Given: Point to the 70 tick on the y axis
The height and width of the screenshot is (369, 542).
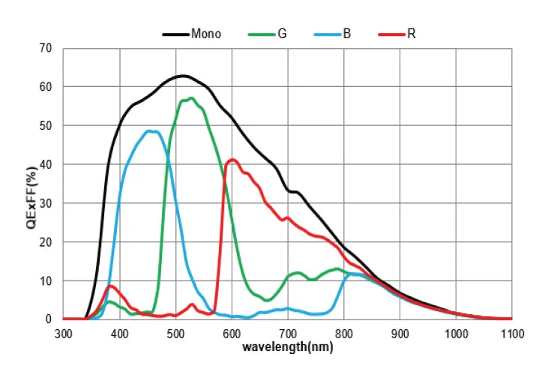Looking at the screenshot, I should coord(46,48).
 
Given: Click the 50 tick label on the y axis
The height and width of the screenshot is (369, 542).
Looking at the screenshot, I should coord(46,125).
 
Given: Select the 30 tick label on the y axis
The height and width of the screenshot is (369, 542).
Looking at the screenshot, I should coord(46,203).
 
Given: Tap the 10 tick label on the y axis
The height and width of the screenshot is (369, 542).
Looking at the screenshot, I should coord(46,280).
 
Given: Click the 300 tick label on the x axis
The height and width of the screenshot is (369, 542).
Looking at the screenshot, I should coord(64,333).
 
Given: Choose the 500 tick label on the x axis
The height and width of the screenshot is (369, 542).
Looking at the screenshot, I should coord(175,333).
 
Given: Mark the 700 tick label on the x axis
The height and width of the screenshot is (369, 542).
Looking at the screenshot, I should coord(288,333).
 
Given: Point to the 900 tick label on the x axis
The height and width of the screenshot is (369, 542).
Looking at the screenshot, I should coord(400,333).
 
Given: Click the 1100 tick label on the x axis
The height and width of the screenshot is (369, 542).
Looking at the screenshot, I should coord(511,333).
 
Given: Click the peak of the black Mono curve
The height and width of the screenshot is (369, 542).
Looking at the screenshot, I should coord(182,76).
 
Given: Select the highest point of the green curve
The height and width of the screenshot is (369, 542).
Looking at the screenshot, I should coord(191,98).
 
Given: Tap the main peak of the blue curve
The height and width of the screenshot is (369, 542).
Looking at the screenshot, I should coord(151,131).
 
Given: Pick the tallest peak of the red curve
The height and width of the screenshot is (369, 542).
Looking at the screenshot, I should coord(232,159).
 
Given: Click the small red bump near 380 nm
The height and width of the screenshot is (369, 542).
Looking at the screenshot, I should coord(111,286).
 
